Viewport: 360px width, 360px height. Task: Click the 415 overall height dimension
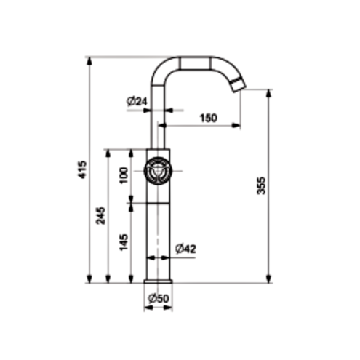click(x=83, y=169)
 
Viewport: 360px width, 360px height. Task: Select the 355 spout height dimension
click(x=261, y=185)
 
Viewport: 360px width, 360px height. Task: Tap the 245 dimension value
click(x=101, y=215)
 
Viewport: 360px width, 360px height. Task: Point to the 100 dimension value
click(x=124, y=175)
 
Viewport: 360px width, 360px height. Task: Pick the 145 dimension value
click(x=124, y=242)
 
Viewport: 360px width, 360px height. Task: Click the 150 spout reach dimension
click(x=209, y=118)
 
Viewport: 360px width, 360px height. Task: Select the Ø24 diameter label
click(x=137, y=101)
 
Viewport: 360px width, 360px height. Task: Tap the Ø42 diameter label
click(x=185, y=249)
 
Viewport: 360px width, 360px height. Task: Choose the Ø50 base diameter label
click(x=159, y=298)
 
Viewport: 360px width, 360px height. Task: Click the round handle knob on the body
click(x=158, y=171)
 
